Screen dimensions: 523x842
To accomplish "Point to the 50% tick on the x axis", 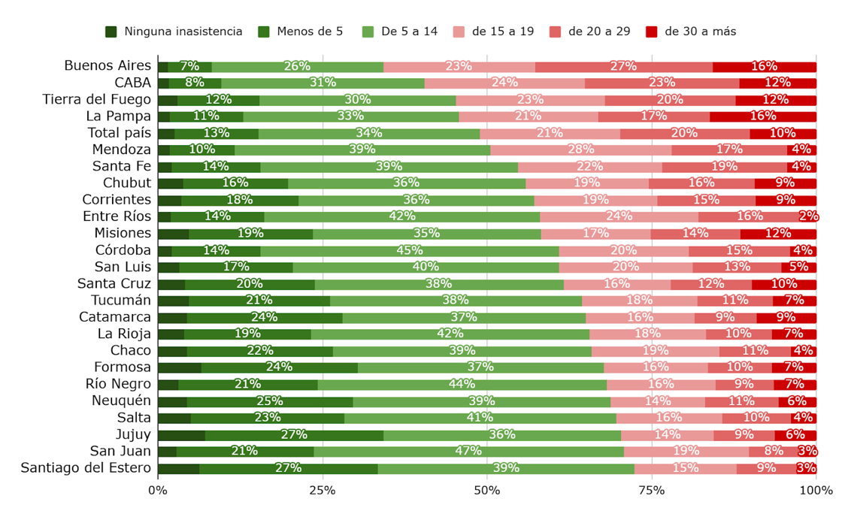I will (487, 491).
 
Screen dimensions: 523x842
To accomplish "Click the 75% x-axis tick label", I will (652, 491).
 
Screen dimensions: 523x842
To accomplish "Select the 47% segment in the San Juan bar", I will (468, 451).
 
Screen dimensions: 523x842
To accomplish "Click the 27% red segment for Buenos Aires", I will (623, 66).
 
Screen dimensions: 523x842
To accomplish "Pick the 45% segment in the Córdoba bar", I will (409, 250).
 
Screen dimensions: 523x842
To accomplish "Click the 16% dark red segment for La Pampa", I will (762, 116).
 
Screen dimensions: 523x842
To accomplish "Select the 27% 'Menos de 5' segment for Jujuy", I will (294, 434).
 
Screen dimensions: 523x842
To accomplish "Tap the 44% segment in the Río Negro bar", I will (462, 384).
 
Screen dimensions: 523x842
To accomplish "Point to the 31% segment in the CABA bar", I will (323, 83).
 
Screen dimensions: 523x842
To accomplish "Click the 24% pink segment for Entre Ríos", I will (619, 216).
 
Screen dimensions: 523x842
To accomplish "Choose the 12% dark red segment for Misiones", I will (778, 234).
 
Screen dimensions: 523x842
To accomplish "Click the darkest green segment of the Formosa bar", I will (179, 367).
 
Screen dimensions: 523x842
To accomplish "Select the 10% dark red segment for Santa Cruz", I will (783, 284).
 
